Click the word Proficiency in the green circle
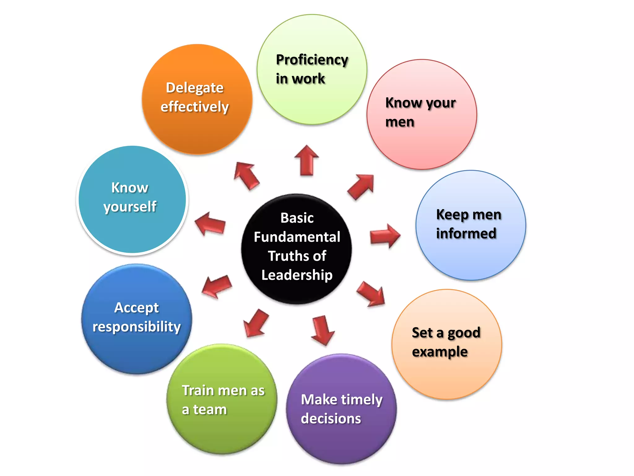point(312,60)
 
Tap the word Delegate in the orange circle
point(195,88)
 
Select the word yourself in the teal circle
point(130,207)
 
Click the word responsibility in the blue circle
point(137,327)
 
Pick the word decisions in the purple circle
point(331,419)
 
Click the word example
point(440,352)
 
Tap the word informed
point(466,233)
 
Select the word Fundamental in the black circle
point(297,237)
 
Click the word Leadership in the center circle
point(297,275)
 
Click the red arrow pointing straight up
point(306,161)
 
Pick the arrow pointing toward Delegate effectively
point(246,175)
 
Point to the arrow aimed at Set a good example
point(371,294)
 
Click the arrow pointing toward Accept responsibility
point(217,286)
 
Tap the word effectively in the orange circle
point(195,107)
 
